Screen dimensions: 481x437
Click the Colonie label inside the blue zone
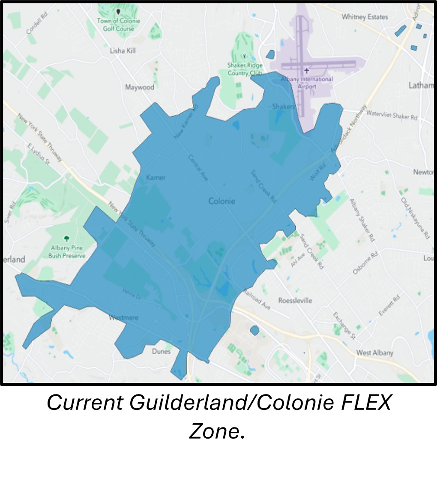221,201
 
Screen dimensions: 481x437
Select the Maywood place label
140,87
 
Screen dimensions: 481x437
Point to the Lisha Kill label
123,51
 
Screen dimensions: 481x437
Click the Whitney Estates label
365,17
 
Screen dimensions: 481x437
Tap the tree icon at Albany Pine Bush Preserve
66,238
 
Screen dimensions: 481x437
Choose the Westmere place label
124,318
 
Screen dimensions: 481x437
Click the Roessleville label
295,300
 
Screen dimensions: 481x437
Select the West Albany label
374,353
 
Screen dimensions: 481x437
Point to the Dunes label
161,351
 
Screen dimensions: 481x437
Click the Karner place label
156,177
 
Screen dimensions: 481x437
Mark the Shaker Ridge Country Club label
245,69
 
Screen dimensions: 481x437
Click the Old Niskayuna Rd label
415,218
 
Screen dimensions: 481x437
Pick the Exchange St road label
344,326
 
